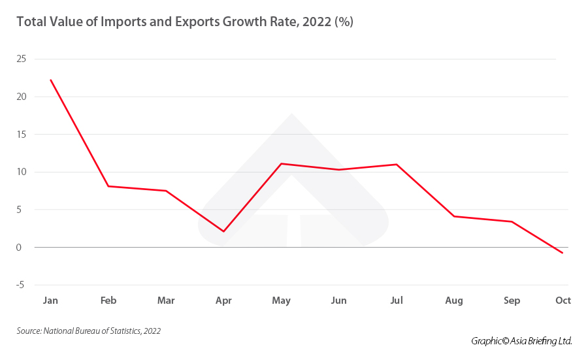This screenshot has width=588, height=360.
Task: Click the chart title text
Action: pyautogui.click(x=185, y=22)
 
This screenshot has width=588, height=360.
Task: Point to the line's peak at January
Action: pyautogui.click(x=50, y=80)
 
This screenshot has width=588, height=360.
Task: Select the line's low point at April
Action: pyautogui.click(x=223, y=231)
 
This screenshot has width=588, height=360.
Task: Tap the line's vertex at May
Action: pyautogui.click(x=281, y=163)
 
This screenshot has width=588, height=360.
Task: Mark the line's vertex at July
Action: pyautogui.click(x=396, y=164)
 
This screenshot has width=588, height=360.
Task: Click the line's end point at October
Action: pyautogui.click(x=563, y=253)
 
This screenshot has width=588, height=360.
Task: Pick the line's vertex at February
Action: pyautogui.click(x=108, y=186)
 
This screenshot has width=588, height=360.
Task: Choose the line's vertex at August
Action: pyautogui.click(x=454, y=216)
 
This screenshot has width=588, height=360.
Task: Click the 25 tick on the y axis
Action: pyautogui.click(x=22, y=59)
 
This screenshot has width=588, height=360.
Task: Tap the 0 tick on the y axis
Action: pyautogui.click(x=23, y=248)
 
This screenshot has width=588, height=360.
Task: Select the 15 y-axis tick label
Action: pyautogui.click(x=22, y=135)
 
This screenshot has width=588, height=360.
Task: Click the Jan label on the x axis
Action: pyautogui.click(x=50, y=301)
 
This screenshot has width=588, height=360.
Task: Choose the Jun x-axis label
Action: pyautogui.click(x=338, y=301)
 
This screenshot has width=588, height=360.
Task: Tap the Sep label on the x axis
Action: pyautogui.click(x=512, y=301)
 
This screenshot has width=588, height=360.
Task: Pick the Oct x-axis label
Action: pyautogui.click(x=563, y=301)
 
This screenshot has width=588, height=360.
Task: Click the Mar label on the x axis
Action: pyautogui.click(x=166, y=301)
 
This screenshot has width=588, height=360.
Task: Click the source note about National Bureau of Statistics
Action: pyautogui.click(x=89, y=331)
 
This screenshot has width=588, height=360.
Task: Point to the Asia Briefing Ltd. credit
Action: pyautogui.click(x=521, y=341)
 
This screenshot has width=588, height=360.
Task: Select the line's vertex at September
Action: pyautogui.click(x=512, y=221)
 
